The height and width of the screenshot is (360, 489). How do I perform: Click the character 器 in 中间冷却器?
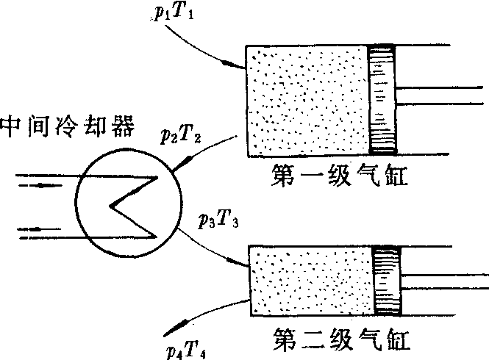coord(123,126)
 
